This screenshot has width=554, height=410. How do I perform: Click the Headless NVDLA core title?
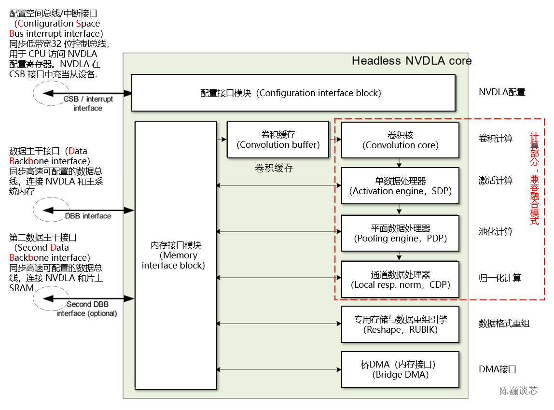[x=411, y=61]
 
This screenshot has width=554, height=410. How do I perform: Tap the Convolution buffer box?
[x=278, y=140]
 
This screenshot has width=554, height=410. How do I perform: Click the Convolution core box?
[x=400, y=140]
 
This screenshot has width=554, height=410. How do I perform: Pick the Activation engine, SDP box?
[x=400, y=186]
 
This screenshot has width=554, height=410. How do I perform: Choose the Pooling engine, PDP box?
[x=400, y=233]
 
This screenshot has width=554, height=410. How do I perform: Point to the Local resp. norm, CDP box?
[x=400, y=280]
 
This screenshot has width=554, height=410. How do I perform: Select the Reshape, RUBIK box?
[x=400, y=325]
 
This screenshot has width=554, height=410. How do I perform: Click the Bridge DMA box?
[x=400, y=369]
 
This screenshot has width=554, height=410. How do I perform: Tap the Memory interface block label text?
[x=176, y=255]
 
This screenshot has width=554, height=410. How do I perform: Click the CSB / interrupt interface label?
[x=88, y=103]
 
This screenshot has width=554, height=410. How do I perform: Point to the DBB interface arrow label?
[x=88, y=216]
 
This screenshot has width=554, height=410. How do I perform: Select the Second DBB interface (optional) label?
[x=87, y=309]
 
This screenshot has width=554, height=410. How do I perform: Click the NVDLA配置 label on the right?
[x=502, y=92]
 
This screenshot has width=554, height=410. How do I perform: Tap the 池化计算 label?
[x=496, y=232]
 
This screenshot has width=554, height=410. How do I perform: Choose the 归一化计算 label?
[x=500, y=278]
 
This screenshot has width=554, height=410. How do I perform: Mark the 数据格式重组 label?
[x=504, y=324]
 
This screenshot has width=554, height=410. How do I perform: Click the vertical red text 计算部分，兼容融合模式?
[x=534, y=179]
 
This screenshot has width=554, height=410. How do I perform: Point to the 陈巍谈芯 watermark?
[x=518, y=391]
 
